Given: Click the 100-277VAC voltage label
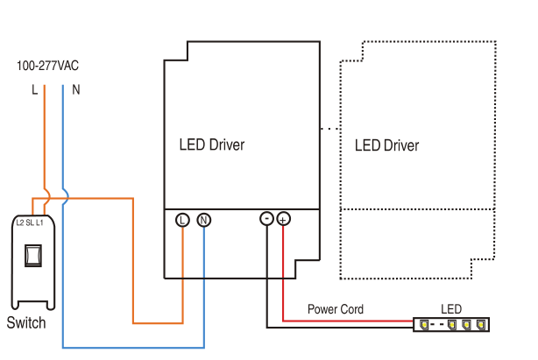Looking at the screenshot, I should click(48, 66).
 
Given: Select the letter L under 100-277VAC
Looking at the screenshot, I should click(35, 90).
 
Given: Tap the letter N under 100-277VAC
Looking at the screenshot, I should click(75, 90).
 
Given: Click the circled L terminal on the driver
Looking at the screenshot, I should click(182, 220).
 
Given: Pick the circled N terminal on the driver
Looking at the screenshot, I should click(203, 220).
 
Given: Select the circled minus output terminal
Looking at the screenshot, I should click(266, 219).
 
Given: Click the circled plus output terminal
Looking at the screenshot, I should click(283, 219).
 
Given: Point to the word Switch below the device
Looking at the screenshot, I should click(26, 323).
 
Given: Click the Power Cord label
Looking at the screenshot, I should click(335, 309).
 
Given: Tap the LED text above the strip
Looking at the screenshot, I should click(450, 309).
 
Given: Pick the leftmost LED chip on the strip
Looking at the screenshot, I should click(424, 325).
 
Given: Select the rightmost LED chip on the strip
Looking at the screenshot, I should click(479, 325).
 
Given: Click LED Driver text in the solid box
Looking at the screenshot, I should click(211, 145).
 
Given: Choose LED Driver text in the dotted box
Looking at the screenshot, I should click(386, 145).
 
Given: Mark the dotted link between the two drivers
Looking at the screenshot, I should click(329, 129).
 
